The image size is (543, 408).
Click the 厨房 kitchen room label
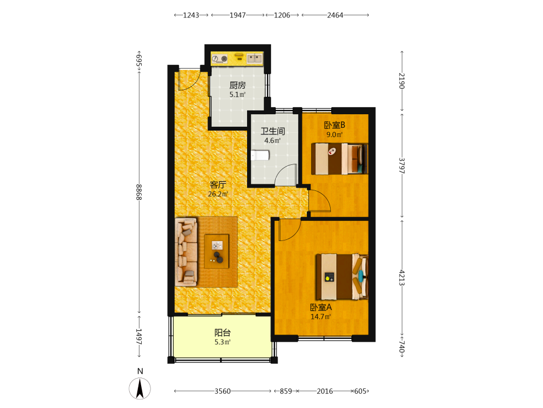238,85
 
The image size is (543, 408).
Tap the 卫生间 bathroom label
273,131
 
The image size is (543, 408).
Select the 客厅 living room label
218,184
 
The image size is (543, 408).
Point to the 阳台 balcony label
222,333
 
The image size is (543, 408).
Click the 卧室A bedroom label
321,307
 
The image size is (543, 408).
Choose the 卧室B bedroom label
334,125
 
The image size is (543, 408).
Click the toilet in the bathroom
260,155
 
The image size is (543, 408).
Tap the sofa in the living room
186,252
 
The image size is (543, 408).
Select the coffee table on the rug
217,251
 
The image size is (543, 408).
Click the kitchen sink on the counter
255,58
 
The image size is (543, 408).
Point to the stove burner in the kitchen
224,59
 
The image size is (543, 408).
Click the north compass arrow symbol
140,388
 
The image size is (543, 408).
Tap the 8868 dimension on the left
139,192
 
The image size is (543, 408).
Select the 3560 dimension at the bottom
222,391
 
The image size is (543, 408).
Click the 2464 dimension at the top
335,15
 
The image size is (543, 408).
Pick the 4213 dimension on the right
402,277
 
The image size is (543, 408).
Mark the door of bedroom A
289,230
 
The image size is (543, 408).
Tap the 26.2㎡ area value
218,194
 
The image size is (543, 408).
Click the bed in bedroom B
339,158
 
